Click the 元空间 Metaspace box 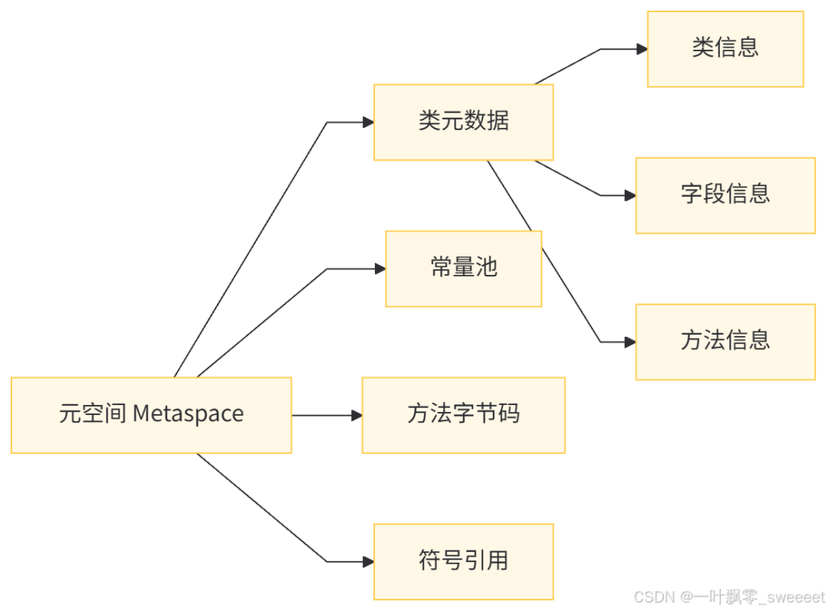click(x=151, y=414)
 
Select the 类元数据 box click(x=463, y=122)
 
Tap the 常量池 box click(x=463, y=268)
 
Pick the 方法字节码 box click(x=463, y=414)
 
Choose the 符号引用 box click(x=463, y=561)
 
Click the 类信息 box click(x=725, y=48)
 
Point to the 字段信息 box click(x=725, y=195)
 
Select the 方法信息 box click(x=725, y=341)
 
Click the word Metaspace click(x=188, y=414)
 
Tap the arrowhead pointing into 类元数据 click(x=367, y=122)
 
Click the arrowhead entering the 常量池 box click(x=379, y=269)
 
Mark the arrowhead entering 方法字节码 click(x=356, y=415)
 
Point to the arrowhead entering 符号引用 click(x=367, y=561)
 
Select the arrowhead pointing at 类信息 click(x=641, y=49)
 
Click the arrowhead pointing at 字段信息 click(x=629, y=195)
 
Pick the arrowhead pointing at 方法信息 click(x=629, y=342)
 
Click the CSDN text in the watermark click(x=653, y=596)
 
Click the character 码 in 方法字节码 click(x=508, y=414)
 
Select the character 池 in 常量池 click(x=486, y=268)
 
